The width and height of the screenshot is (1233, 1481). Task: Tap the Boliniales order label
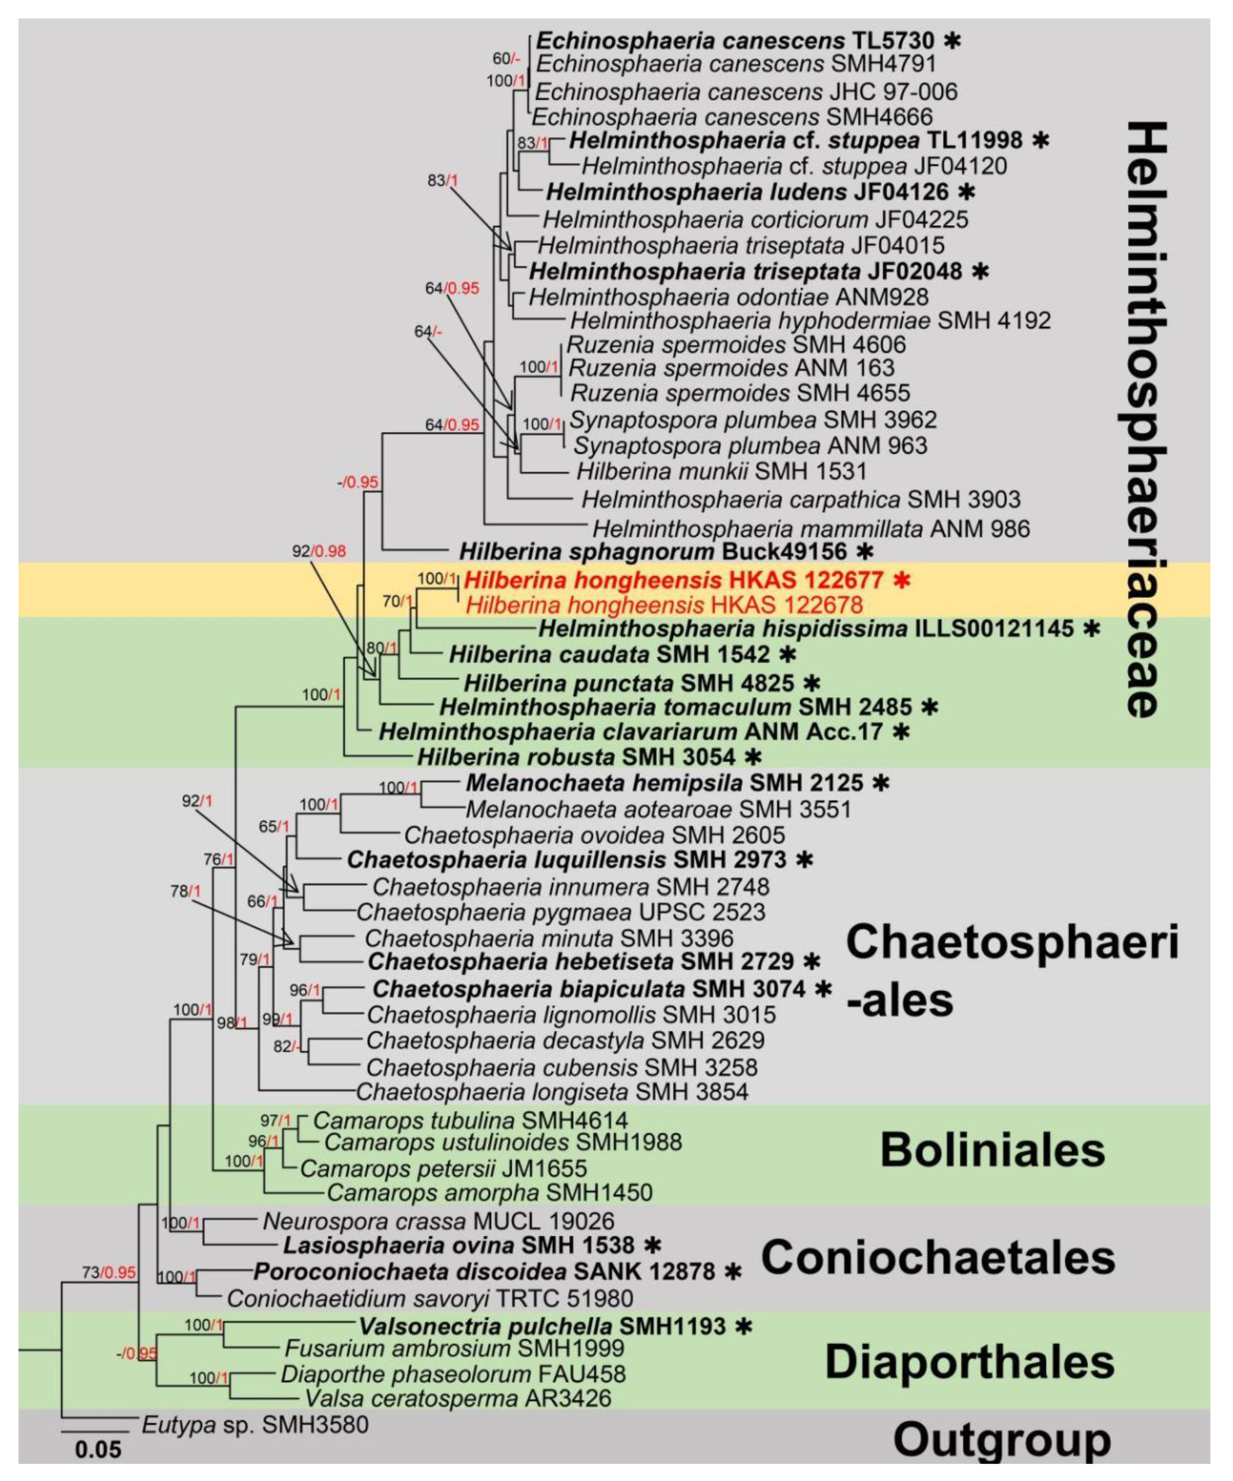(x=992, y=1150)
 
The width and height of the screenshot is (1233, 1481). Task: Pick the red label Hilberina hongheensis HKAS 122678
(x=663, y=604)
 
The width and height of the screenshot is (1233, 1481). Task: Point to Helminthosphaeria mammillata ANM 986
(x=811, y=528)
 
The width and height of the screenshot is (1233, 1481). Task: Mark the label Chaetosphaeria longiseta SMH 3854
(x=551, y=1092)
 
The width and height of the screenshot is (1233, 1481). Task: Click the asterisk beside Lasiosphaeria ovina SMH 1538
(x=654, y=1246)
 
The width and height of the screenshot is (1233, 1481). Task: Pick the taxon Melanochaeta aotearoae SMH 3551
(x=658, y=809)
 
